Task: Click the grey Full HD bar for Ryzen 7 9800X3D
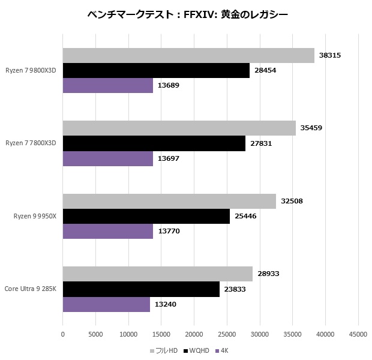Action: [188, 55]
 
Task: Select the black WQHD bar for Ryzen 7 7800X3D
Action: [154, 143]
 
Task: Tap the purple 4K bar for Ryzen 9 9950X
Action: [108, 231]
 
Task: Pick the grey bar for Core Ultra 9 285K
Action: [158, 274]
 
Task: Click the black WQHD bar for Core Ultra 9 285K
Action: [141, 289]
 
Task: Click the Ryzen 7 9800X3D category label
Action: [31, 70]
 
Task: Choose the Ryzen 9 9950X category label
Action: [35, 216]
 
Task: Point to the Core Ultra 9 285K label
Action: [31, 289]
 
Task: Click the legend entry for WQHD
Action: [197, 350]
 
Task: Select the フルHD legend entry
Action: [165, 350]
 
